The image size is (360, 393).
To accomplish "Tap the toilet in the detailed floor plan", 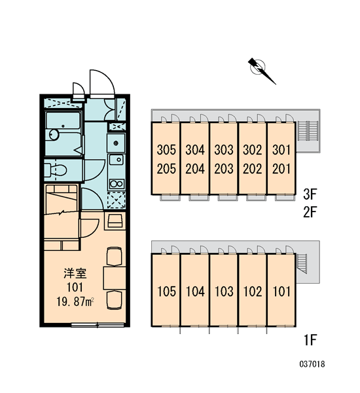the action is (56, 170).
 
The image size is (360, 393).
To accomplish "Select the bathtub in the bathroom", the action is (63, 122).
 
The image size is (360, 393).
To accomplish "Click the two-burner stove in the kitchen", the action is (117, 183).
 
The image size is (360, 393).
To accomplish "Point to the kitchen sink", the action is (116, 160).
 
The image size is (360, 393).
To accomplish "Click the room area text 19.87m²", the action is (75, 302).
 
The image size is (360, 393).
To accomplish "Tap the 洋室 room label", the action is (75, 273).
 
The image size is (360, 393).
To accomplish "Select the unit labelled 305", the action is (166, 149).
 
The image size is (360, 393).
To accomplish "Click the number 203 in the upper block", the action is (224, 168).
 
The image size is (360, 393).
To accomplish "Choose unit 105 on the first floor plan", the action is (167, 291).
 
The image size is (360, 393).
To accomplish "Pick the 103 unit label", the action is (224, 291).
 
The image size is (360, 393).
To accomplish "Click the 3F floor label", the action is (310, 195).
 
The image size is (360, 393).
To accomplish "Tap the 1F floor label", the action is (310, 340).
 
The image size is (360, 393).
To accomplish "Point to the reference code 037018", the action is (312, 364).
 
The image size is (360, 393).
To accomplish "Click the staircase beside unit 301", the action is (308, 132).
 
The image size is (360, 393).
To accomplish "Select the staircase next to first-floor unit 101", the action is (302, 263).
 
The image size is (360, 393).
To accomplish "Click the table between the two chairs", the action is (115, 278).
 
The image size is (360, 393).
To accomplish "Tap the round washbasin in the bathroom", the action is (54, 134).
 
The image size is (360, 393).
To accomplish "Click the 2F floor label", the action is (310, 212).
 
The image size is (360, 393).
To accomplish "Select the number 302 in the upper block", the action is (252, 149).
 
